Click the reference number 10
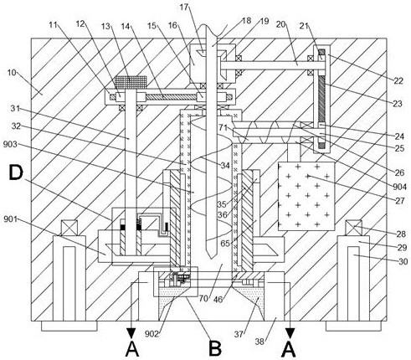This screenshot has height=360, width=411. [12, 73]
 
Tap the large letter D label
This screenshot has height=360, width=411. [16, 172]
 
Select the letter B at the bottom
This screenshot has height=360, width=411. [215, 348]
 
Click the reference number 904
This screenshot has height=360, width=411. [399, 187]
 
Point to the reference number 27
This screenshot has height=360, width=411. [399, 201]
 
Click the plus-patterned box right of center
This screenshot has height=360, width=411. [306, 196]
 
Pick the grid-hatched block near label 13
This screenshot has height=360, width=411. [131, 83]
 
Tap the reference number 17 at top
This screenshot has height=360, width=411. [184, 7]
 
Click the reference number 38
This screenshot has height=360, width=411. [259, 342]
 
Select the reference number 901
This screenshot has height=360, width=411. [10, 219]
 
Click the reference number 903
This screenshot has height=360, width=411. [10, 144]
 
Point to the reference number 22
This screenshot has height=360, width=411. [398, 80]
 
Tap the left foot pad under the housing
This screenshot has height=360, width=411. [69, 326]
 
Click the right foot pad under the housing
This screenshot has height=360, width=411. [353, 326]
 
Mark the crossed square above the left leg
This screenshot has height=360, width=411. [69, 228]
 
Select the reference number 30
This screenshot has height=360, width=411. [403, 261]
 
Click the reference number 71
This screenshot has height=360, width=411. [223, 128]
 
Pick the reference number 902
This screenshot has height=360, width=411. [152, 334]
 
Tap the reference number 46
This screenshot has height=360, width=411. [218, 300]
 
